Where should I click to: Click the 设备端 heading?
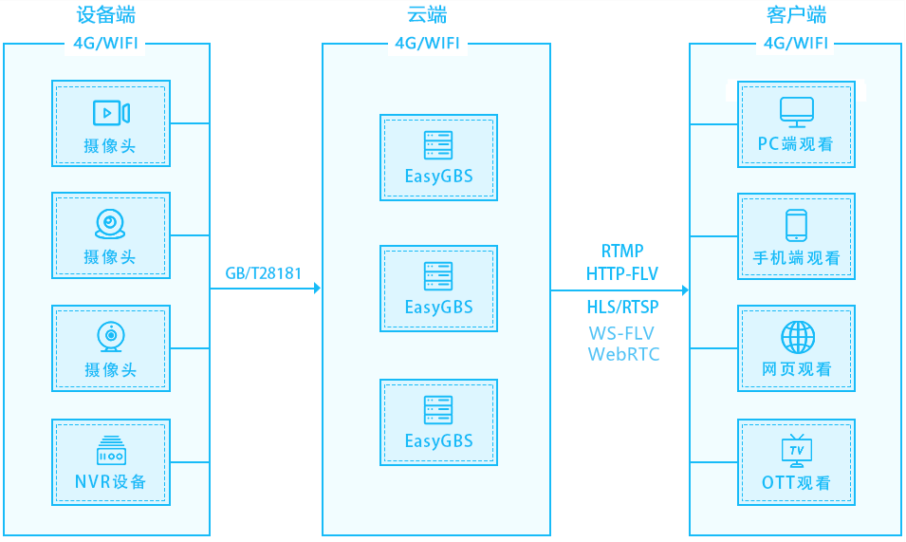[105, 15]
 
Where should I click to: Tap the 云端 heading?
[427, 15]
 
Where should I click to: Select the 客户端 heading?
[796, 15]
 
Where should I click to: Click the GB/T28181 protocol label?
[264, 273]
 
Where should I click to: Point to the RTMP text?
[622, 251]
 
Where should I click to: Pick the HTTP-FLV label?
[622, 273]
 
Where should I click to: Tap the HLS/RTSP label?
[622, 307]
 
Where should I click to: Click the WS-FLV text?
[621, 333]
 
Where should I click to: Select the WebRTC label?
[623, 354]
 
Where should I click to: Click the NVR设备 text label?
[110, 481]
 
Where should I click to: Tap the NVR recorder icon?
[111, 450]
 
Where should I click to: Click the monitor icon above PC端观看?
[797, 112]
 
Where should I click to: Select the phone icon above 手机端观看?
[796, 225]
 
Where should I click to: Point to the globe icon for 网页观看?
[798, 338]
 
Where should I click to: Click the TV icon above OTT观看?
[797, 451]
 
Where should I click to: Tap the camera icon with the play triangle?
[111, 113]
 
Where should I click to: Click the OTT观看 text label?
[796, 482]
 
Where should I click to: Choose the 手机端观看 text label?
[796, 257]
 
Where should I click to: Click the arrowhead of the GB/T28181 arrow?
[317, 288]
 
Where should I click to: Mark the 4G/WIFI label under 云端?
[427, 44]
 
